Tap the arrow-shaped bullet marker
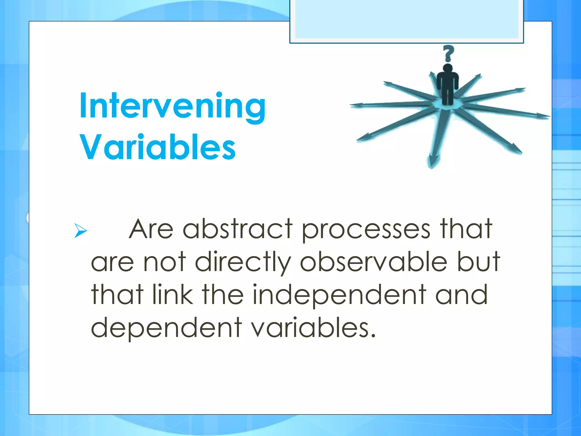80,230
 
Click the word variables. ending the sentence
313,328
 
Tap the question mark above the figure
448,54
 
